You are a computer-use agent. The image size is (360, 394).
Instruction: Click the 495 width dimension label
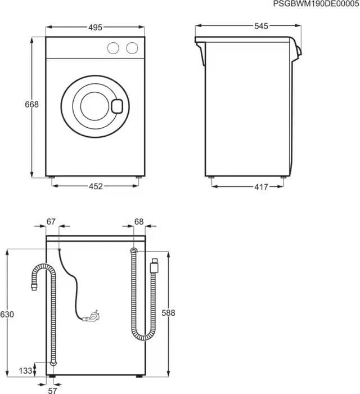(x=96, y=26)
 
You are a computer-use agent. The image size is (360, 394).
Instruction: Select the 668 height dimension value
(x=31, y=105)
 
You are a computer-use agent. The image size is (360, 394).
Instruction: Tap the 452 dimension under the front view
(x=96, y=187)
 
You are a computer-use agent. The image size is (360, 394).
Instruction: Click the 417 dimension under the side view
(x=245, y=187)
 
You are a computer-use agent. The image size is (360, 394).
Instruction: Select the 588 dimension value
(x=169, y=313)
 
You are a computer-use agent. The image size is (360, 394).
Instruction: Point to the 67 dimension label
(x=52, y=222)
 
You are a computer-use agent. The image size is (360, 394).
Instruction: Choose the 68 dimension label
(x=139, y=222)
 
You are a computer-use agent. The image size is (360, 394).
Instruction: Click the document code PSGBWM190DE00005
(x=316, y=4)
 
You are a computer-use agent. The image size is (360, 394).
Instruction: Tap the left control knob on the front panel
(x=114, y=48)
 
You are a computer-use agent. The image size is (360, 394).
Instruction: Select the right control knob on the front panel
(x=132, y=48)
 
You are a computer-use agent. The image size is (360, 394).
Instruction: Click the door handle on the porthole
(x=117, y=105)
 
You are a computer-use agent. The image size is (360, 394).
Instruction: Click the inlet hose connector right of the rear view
(x=154, y=263)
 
